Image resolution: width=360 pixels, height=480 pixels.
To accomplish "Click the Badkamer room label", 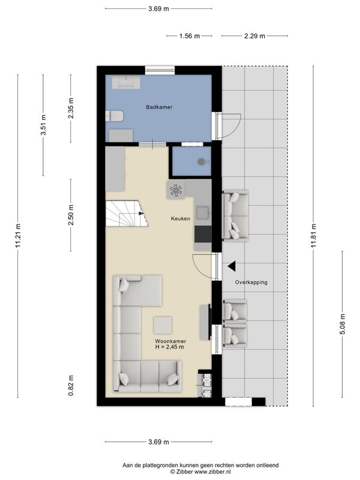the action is [x=159, y=107].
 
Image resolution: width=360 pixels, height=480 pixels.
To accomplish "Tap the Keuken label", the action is [x=181, y=218].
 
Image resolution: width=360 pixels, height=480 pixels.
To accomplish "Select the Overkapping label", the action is [x=251, y=282].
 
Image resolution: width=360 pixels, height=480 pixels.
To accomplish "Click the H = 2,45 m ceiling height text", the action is [x=170, y=347].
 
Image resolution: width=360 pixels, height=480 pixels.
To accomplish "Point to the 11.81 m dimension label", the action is [x=313, y=236].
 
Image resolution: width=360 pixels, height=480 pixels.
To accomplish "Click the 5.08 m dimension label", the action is [x=342, y=324].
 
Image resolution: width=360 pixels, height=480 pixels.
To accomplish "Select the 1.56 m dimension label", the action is [x=189, y=36].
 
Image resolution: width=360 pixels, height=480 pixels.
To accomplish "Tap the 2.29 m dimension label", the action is [x=254, y=36].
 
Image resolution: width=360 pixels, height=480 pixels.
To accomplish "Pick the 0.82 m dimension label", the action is [x=71, y=385].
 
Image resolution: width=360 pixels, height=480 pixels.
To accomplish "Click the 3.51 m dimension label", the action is [x=43, y=125].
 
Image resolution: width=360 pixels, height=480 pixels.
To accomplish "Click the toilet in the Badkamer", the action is [x=114, y=116].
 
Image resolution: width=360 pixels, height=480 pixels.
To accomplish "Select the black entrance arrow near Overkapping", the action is [x=232, y=266].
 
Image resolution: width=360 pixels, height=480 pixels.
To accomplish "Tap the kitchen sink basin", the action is [x=203, y=213].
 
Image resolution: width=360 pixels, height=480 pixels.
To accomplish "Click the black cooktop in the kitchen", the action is [x=203, y=234].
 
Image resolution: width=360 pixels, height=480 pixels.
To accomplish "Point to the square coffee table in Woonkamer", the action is [x=163, y=325].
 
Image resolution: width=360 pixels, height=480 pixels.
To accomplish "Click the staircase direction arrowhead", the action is [x=141, y=214].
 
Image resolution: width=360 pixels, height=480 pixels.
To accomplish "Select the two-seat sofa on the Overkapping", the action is [x=235, y=215].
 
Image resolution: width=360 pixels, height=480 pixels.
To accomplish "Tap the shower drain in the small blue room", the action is [x=202, y=161].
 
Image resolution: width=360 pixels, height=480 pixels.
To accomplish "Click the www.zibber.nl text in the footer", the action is [x=212, y=472].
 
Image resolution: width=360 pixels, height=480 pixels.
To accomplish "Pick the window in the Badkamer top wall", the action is [x=160, y=70].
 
